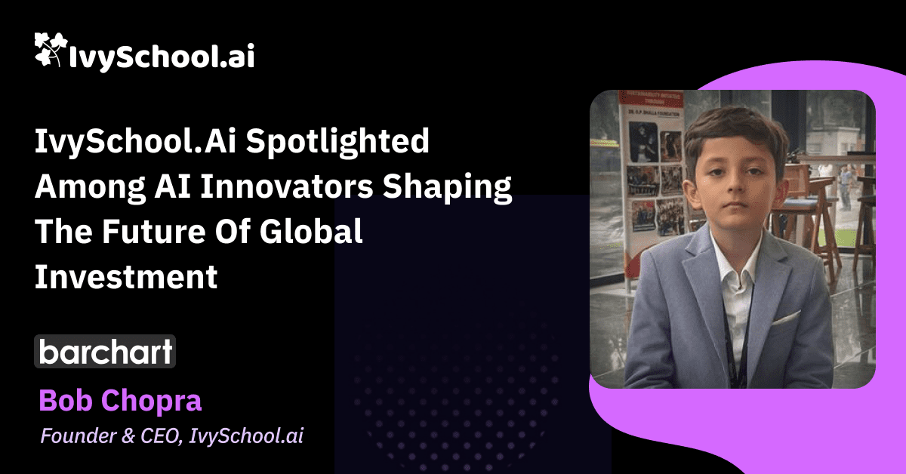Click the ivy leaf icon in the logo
coord(50,49)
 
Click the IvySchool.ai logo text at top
coord(162,56)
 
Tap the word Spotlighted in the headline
coord(337,143)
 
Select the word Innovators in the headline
coord(286,186)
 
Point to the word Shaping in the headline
coord(447,189)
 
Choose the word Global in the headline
coord(310,231)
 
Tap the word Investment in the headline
coord(126,277)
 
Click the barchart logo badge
coord(105,352)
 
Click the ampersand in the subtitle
coord(128,436)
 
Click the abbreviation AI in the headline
coord(173,186)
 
